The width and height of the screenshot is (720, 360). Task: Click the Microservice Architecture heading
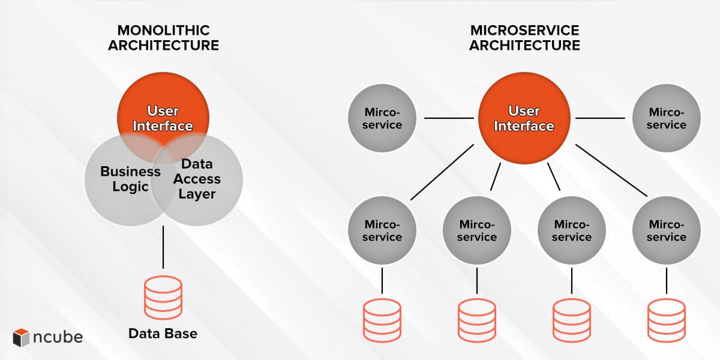(524, 37)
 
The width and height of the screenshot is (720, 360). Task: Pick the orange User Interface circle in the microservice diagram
(524, 118)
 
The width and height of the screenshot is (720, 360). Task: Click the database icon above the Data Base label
(163, 298)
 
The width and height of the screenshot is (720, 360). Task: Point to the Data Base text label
(163, 333)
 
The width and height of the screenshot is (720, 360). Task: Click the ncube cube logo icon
(22, 337)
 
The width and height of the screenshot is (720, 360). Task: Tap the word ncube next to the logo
(58, 337)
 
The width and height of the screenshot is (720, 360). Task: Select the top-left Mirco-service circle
(383, 118)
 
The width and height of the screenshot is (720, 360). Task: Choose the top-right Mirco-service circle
(667, 118)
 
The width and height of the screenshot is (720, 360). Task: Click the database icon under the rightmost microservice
(667, 320)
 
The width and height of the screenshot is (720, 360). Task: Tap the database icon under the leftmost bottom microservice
(383, 320)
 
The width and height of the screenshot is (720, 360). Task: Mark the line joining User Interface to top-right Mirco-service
(601, 118)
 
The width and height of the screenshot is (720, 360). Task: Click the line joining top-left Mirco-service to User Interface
(449, 118)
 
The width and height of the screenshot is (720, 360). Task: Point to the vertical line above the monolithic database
(163, 247)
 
